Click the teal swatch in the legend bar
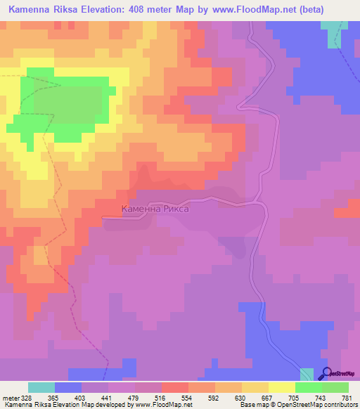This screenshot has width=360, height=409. tap(41, 387)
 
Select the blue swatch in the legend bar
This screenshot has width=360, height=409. tap(68, 387)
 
